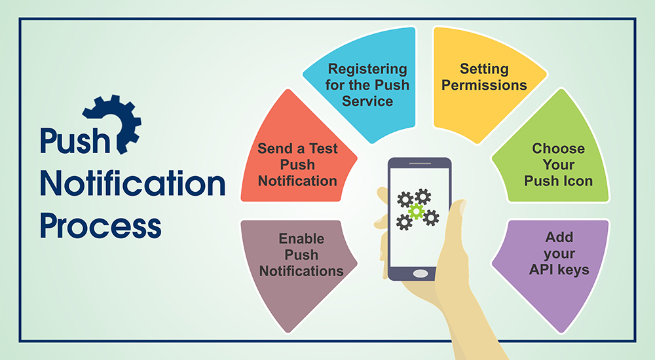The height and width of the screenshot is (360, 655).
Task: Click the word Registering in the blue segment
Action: point(367,69)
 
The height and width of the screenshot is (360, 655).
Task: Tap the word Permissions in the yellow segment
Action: point(484,85)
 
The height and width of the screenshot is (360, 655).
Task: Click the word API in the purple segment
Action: point(541,270)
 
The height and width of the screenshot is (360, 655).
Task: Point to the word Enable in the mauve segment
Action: point(301,238)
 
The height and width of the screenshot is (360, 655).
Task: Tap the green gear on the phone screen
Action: point(417,211)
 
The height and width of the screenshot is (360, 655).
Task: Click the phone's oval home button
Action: point(421,274)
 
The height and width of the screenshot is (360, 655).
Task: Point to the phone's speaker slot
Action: point(420,163)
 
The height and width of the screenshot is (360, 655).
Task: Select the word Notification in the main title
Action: point(132,183)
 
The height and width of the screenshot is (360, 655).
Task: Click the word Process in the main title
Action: point(101,226)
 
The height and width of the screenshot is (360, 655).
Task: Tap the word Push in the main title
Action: point(75,140)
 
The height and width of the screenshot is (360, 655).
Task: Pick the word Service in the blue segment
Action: point(367,101)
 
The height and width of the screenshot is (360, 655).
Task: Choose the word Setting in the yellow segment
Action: point(484,69)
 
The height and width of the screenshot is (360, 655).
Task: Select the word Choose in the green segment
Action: point(559,149)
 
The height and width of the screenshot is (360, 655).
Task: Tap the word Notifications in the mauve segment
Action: point(301,271)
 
